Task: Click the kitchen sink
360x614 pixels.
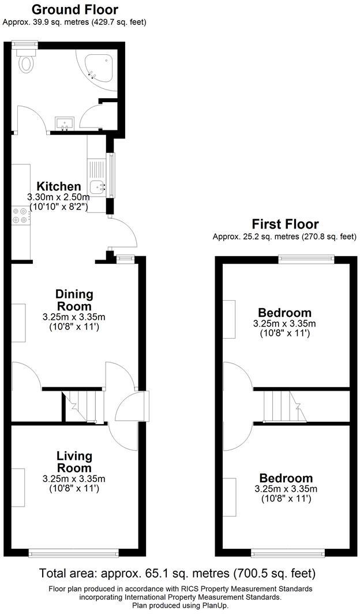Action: pyautogui.click(x=97, y=186)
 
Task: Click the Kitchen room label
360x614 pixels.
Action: pyautogui.click(x=59, y=186)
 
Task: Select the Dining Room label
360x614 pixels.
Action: pyautogui.click(x=74, y=299)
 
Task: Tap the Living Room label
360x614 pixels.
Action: pyautogui.click(x=74, y=462)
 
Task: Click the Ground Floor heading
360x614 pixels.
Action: pyautogui.click(x=74, y=10)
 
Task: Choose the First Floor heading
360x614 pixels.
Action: pyautogui.click(x=285, y=224)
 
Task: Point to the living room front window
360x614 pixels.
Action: pyautogui.click(x=74, y=553)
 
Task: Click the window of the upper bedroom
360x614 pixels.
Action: pyautogui.click(x=306, y=259)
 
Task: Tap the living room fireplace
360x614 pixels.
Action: pyautogui.click(x=18, y=488)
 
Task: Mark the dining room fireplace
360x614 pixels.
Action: pyautogui.click(x=18, y=322)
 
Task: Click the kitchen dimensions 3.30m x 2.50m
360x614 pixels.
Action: pyautogui.click(x=58, y=197)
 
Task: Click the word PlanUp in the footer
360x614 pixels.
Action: pyautogui.click(x=215, y=606)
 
